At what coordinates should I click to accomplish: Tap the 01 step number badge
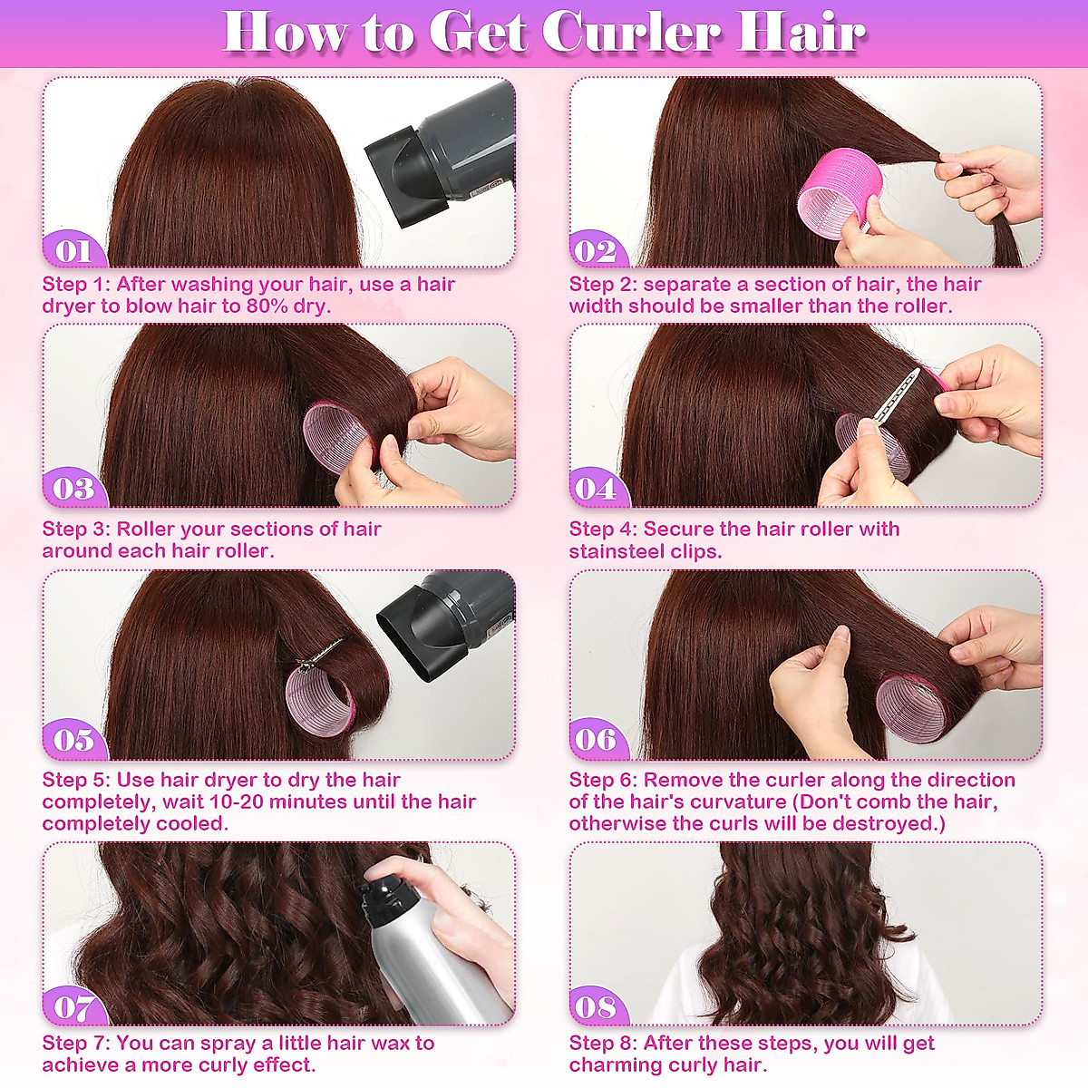[x=73, y=251]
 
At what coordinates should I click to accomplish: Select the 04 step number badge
[x=596, y=490]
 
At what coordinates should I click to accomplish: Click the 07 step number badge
[x=73, y=1007]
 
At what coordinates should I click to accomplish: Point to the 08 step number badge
[x=596, y=1007]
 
